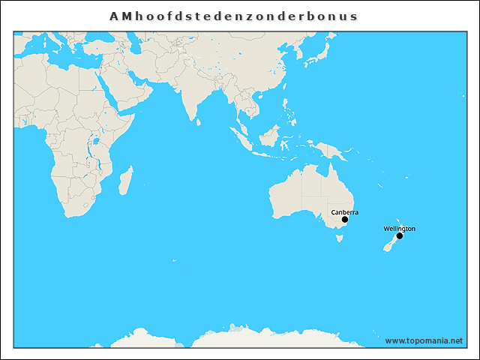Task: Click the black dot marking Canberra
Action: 344,220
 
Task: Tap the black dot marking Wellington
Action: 400,236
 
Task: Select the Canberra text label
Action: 344,212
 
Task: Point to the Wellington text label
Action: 399,228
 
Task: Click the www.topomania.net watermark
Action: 424,340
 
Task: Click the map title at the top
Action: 233,15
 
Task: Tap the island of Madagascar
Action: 125,181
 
